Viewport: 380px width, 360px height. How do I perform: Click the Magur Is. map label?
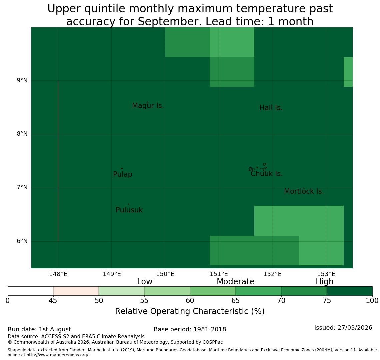148,106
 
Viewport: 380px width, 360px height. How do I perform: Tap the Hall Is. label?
271,108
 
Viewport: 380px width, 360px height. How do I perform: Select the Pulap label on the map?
123,174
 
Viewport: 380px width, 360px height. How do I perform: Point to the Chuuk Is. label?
267,174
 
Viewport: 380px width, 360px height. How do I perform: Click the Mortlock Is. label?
304,191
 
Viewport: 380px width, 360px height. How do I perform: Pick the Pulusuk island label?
129,210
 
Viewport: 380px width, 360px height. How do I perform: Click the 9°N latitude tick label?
22,80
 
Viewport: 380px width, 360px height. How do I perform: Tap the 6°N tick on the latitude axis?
22,241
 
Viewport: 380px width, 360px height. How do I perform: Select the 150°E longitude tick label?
165,274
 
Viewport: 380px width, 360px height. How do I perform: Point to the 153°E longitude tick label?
326,274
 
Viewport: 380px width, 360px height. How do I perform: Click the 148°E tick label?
58,274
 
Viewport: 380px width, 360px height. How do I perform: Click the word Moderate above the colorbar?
236,282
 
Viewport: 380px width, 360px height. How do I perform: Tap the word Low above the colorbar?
145,282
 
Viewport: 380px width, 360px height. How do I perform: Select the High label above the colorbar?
325,282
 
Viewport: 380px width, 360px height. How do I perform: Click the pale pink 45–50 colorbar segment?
76,291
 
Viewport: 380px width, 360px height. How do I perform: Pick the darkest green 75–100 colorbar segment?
349,291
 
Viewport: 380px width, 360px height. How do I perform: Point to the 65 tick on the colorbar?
236,301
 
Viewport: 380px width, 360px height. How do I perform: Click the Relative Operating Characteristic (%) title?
190,311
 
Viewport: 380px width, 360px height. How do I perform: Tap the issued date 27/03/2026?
355,328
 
